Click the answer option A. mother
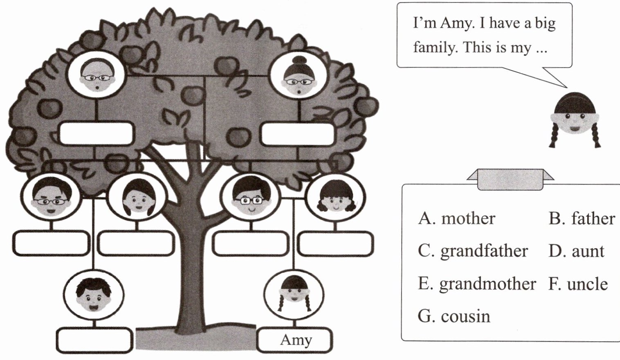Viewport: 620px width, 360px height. [456, 218]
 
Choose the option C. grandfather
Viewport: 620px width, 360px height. [473, 251]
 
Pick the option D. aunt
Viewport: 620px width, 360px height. [576, 251]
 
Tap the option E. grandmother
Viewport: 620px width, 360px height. [477, 283]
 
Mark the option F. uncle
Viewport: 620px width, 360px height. [578, 283]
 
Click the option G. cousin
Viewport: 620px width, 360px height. [454, 316]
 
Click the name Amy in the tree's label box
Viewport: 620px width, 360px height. [296, 340]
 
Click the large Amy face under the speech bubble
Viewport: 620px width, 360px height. [575, 119]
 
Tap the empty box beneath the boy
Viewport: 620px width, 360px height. [94, 339]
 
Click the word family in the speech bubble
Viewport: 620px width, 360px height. [435, 47]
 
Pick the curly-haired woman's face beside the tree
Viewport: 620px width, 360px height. [335, 198]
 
